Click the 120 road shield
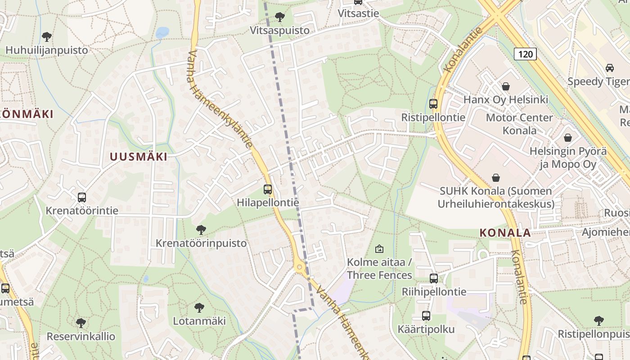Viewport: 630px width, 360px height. point(525,54)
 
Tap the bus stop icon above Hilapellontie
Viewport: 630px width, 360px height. point(268,189)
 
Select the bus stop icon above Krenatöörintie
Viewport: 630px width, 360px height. point(82,197)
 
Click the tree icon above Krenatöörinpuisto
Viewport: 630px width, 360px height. point(201,230)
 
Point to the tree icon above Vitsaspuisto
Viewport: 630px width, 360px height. point(280,17)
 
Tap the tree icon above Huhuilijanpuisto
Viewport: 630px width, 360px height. point(46,36)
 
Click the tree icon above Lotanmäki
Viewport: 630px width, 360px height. point(199,308)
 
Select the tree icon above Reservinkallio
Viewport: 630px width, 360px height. point(81,323)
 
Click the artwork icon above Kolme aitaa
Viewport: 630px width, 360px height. point(379,248)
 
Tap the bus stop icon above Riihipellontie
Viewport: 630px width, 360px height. point(434,279)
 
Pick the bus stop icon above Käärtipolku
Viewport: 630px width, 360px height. point(426,316)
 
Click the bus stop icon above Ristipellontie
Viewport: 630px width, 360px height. point(433,104)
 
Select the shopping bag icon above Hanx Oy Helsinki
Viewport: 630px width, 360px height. point(506,86)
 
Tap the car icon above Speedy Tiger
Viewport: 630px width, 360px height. point(610,68)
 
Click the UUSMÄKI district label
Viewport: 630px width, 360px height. point(139,157)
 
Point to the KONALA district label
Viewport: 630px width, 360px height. point(505,233)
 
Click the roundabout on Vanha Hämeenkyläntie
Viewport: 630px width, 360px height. point(300,268)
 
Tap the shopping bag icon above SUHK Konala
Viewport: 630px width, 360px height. point(496,178)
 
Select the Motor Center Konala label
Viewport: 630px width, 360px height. point(519,124)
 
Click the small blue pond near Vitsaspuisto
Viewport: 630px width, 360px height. point(162,32)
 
